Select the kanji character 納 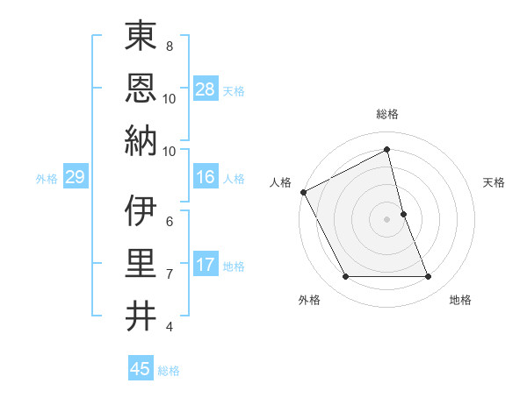coord(141,140)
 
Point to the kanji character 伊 coord(141,211)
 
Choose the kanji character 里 coord(141,264)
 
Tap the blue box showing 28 coord(206,89)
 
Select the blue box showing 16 coord(206,178)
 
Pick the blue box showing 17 coord(206,265)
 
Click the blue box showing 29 coord(75,178)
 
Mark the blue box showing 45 coord(141,369)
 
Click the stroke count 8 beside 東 coord(169,46)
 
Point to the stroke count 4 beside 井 coord(169,327)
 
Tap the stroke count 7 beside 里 coord(169,274)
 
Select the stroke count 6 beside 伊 coord(169,221)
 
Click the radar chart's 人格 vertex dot coord(304,192)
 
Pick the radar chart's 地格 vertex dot coord(429,277)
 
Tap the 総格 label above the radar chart coord(387,114)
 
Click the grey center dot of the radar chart coord(387,219)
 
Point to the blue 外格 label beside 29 coord(47,179)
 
